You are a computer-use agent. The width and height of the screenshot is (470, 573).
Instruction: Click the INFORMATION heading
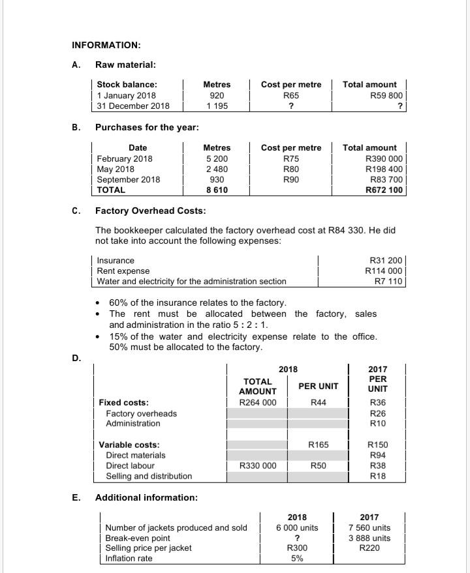point(106,45)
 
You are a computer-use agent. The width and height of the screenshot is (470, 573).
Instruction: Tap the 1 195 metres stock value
point(217,106)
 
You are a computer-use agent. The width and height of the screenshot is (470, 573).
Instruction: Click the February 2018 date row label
point(125,158)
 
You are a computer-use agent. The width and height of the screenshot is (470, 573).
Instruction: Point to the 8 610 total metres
point(217,190)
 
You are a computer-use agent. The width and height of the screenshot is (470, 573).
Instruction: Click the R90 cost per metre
point(291,179)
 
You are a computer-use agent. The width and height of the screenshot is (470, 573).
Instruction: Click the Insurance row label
point(116,260)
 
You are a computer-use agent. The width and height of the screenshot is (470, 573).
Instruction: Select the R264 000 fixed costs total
point(257,402)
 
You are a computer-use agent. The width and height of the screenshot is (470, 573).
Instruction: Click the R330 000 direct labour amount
point(257,465)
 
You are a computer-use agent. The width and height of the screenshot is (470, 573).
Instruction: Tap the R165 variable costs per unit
point(318,445)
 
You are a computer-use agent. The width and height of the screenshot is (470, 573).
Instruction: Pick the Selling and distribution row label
point(149,476)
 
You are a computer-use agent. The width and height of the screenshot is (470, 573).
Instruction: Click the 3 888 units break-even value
point(370,538)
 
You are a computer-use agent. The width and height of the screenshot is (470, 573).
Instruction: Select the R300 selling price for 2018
point(297,548)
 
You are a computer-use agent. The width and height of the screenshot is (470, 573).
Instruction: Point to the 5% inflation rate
point(297,559)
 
